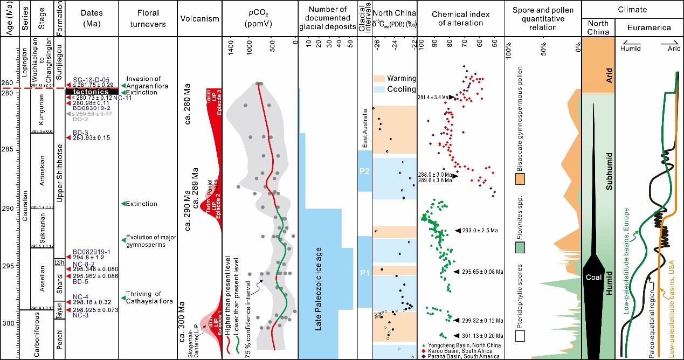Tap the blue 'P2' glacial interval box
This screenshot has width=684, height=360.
(x=364, y=171)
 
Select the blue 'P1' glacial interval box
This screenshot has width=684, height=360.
(x=364, y=272)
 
